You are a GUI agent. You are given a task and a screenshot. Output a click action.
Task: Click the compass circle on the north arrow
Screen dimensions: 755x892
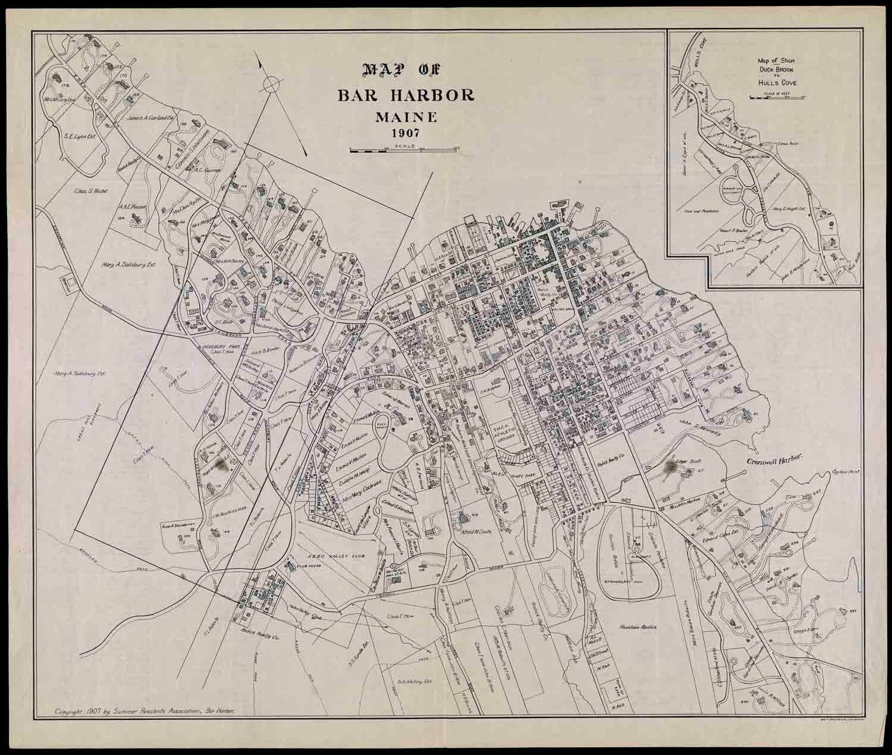point(269,84)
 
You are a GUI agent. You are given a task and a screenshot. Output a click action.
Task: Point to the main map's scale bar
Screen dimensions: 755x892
point(405,151)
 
